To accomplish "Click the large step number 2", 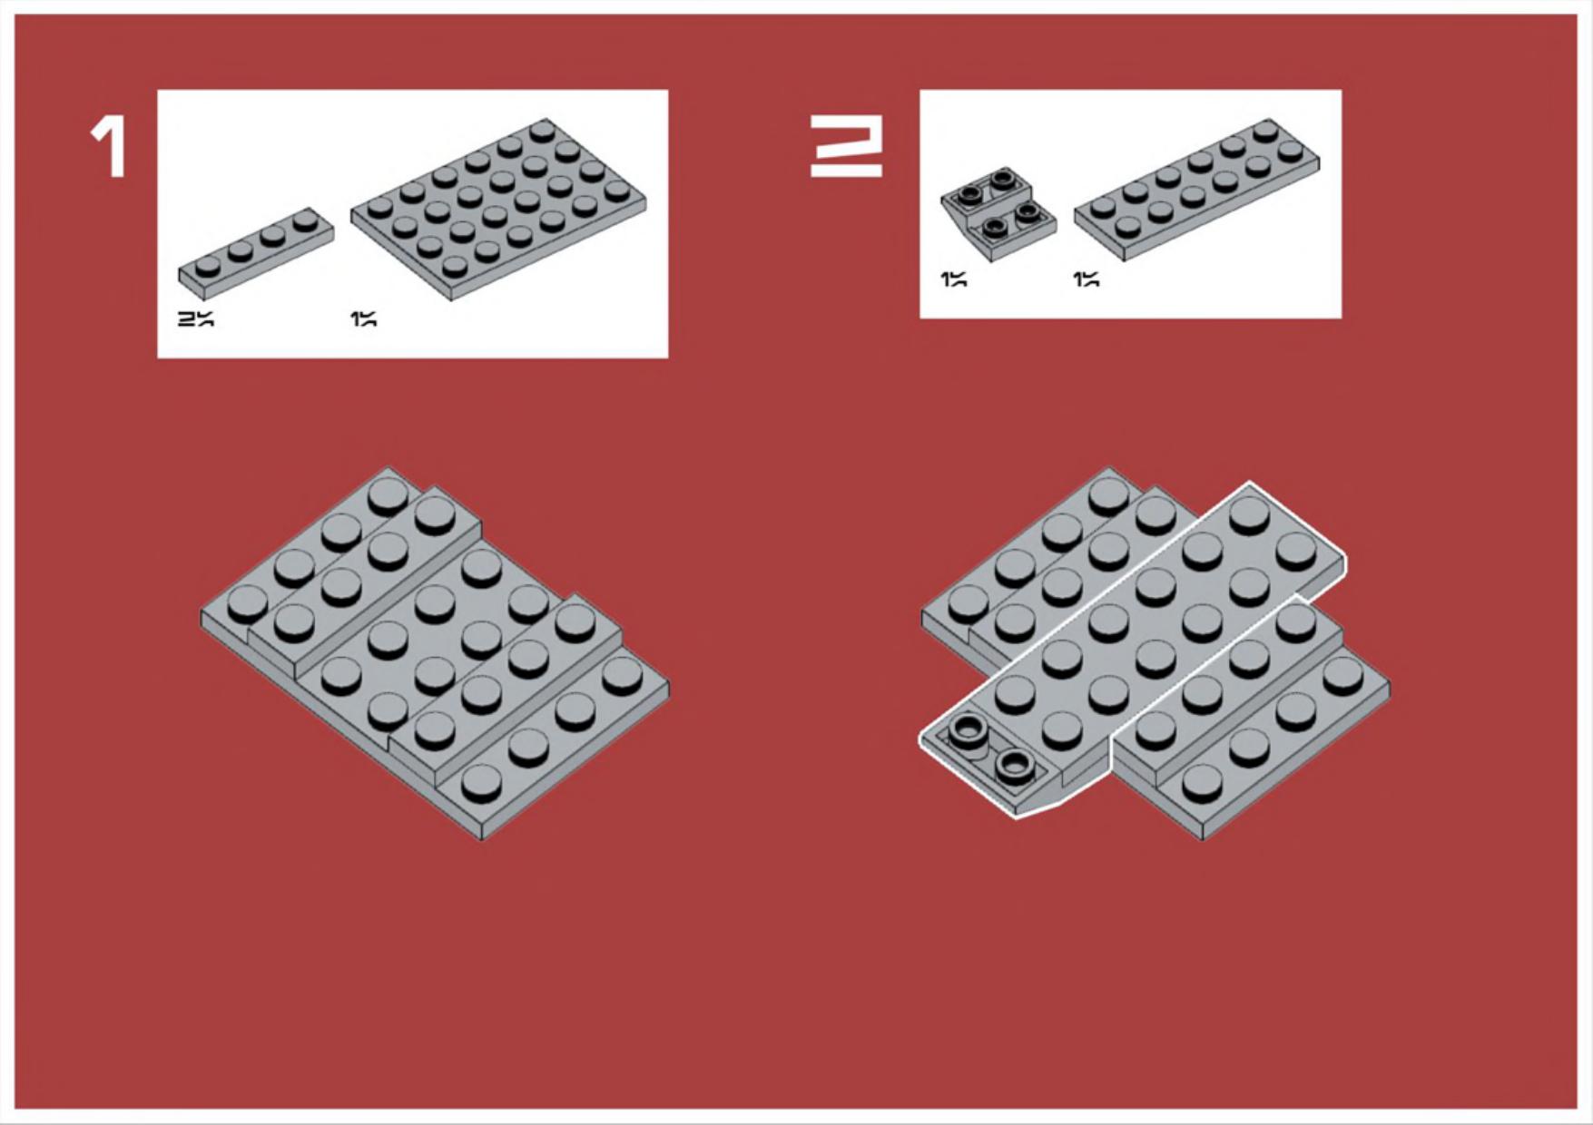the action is click(846, 151).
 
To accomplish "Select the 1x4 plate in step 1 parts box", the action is click(256, 253).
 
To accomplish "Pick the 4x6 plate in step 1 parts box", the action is click(500, 209).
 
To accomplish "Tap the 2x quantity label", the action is click(195, 318).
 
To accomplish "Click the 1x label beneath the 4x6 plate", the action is click(363, 318).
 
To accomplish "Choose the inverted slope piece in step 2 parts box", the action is click(998, 214).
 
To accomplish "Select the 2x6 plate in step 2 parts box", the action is click(1196, 190).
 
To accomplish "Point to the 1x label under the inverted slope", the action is click(953, 279).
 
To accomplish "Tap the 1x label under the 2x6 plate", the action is click(1086, 279).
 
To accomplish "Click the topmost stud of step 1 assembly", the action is click(388, 495).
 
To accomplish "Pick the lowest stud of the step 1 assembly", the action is click(481, 783).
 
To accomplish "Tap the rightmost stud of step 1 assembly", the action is click(622, 675).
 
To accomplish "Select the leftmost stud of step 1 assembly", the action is click(247, 602).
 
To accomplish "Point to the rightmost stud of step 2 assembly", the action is click(1342, 675).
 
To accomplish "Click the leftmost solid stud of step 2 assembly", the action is click(968, 602).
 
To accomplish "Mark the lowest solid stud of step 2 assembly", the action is click(1202, 783).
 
